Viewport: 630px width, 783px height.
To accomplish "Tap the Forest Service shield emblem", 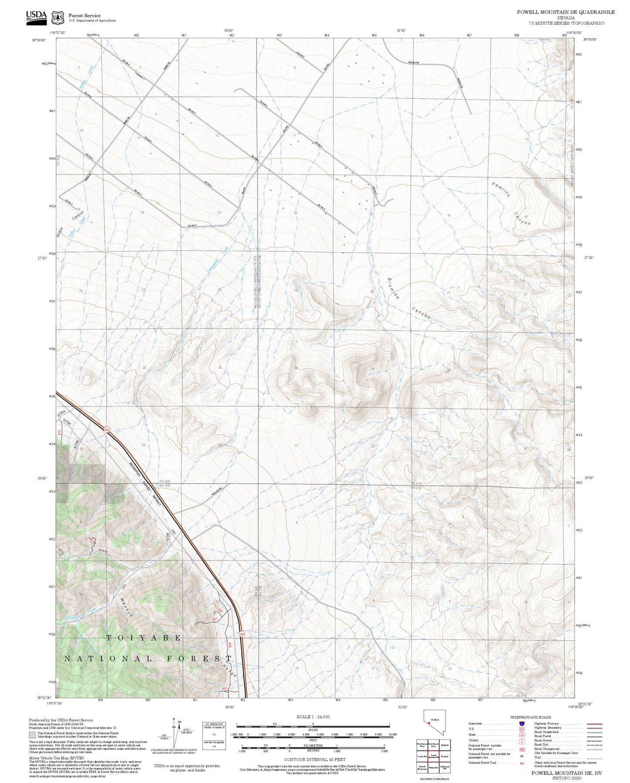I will coord(58,18).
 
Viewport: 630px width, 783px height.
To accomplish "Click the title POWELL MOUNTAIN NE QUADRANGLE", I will coord(565,12).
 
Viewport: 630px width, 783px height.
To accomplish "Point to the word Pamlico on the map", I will coord(501,189).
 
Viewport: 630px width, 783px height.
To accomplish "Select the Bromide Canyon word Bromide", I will coord(393,288).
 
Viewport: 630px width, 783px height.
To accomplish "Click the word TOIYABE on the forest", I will coord(143,638).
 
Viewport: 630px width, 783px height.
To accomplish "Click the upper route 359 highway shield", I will coord(106,430).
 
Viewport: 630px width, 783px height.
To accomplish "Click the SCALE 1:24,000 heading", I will coord(313,717).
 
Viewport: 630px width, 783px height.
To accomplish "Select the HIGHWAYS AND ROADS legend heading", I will coord(530,717).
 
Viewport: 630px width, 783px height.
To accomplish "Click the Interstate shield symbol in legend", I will coord(521,724).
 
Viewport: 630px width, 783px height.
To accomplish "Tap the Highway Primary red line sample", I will coord(594,724).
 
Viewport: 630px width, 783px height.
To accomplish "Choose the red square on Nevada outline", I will coord(429,723).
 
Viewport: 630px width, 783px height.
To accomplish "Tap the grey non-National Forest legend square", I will coord(32,735).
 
